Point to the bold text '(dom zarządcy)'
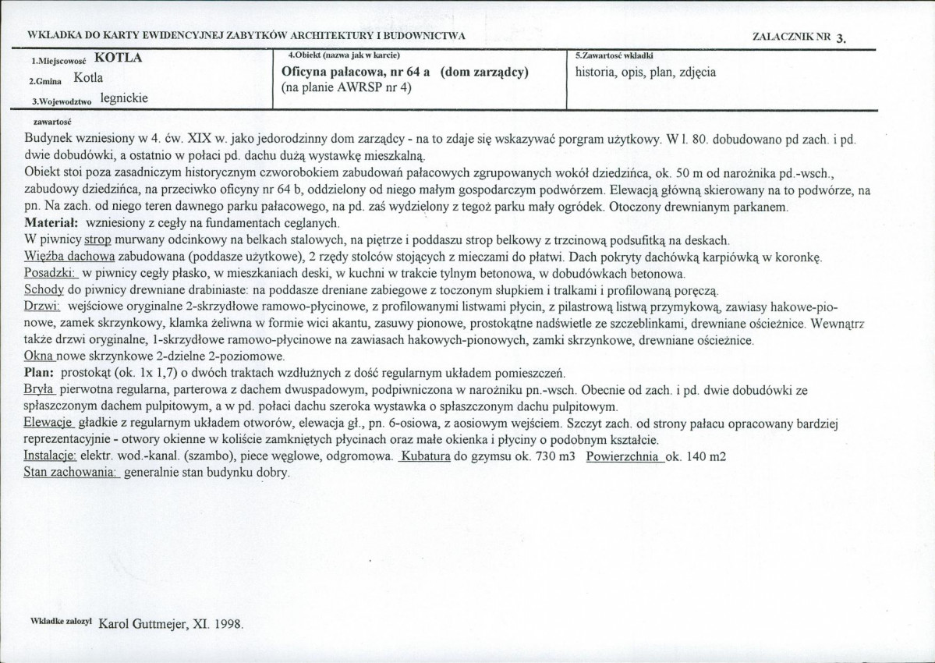click(x=484, y=72)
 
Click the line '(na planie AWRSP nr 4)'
click(x=345, y=87)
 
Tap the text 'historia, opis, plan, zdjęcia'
click(x=646, y=73)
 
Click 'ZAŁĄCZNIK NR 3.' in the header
click(x=799, y=37)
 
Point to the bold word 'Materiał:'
click(x=51, y=223)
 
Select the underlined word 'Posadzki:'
click(x=51, y=274)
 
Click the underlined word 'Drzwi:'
click(x=44, y=307)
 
